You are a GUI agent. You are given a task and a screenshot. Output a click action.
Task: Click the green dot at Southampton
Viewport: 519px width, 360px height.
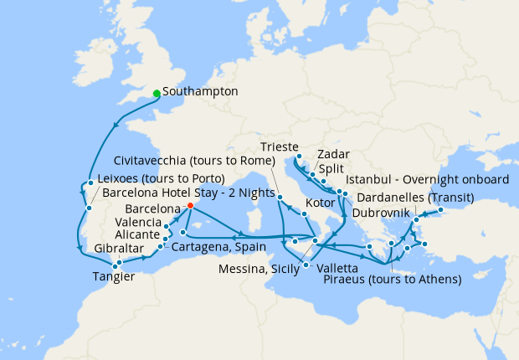[157, 93]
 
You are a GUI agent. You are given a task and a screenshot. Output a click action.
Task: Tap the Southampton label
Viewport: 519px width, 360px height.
[201, 91]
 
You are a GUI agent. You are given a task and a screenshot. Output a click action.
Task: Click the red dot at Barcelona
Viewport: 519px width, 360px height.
[190, 206]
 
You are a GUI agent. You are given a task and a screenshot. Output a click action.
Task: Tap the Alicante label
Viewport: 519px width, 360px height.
[139, 236]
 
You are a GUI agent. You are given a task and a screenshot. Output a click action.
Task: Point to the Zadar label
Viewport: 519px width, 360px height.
[333, 154]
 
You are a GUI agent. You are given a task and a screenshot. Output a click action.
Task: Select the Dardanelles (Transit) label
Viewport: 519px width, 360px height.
[415, 198]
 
